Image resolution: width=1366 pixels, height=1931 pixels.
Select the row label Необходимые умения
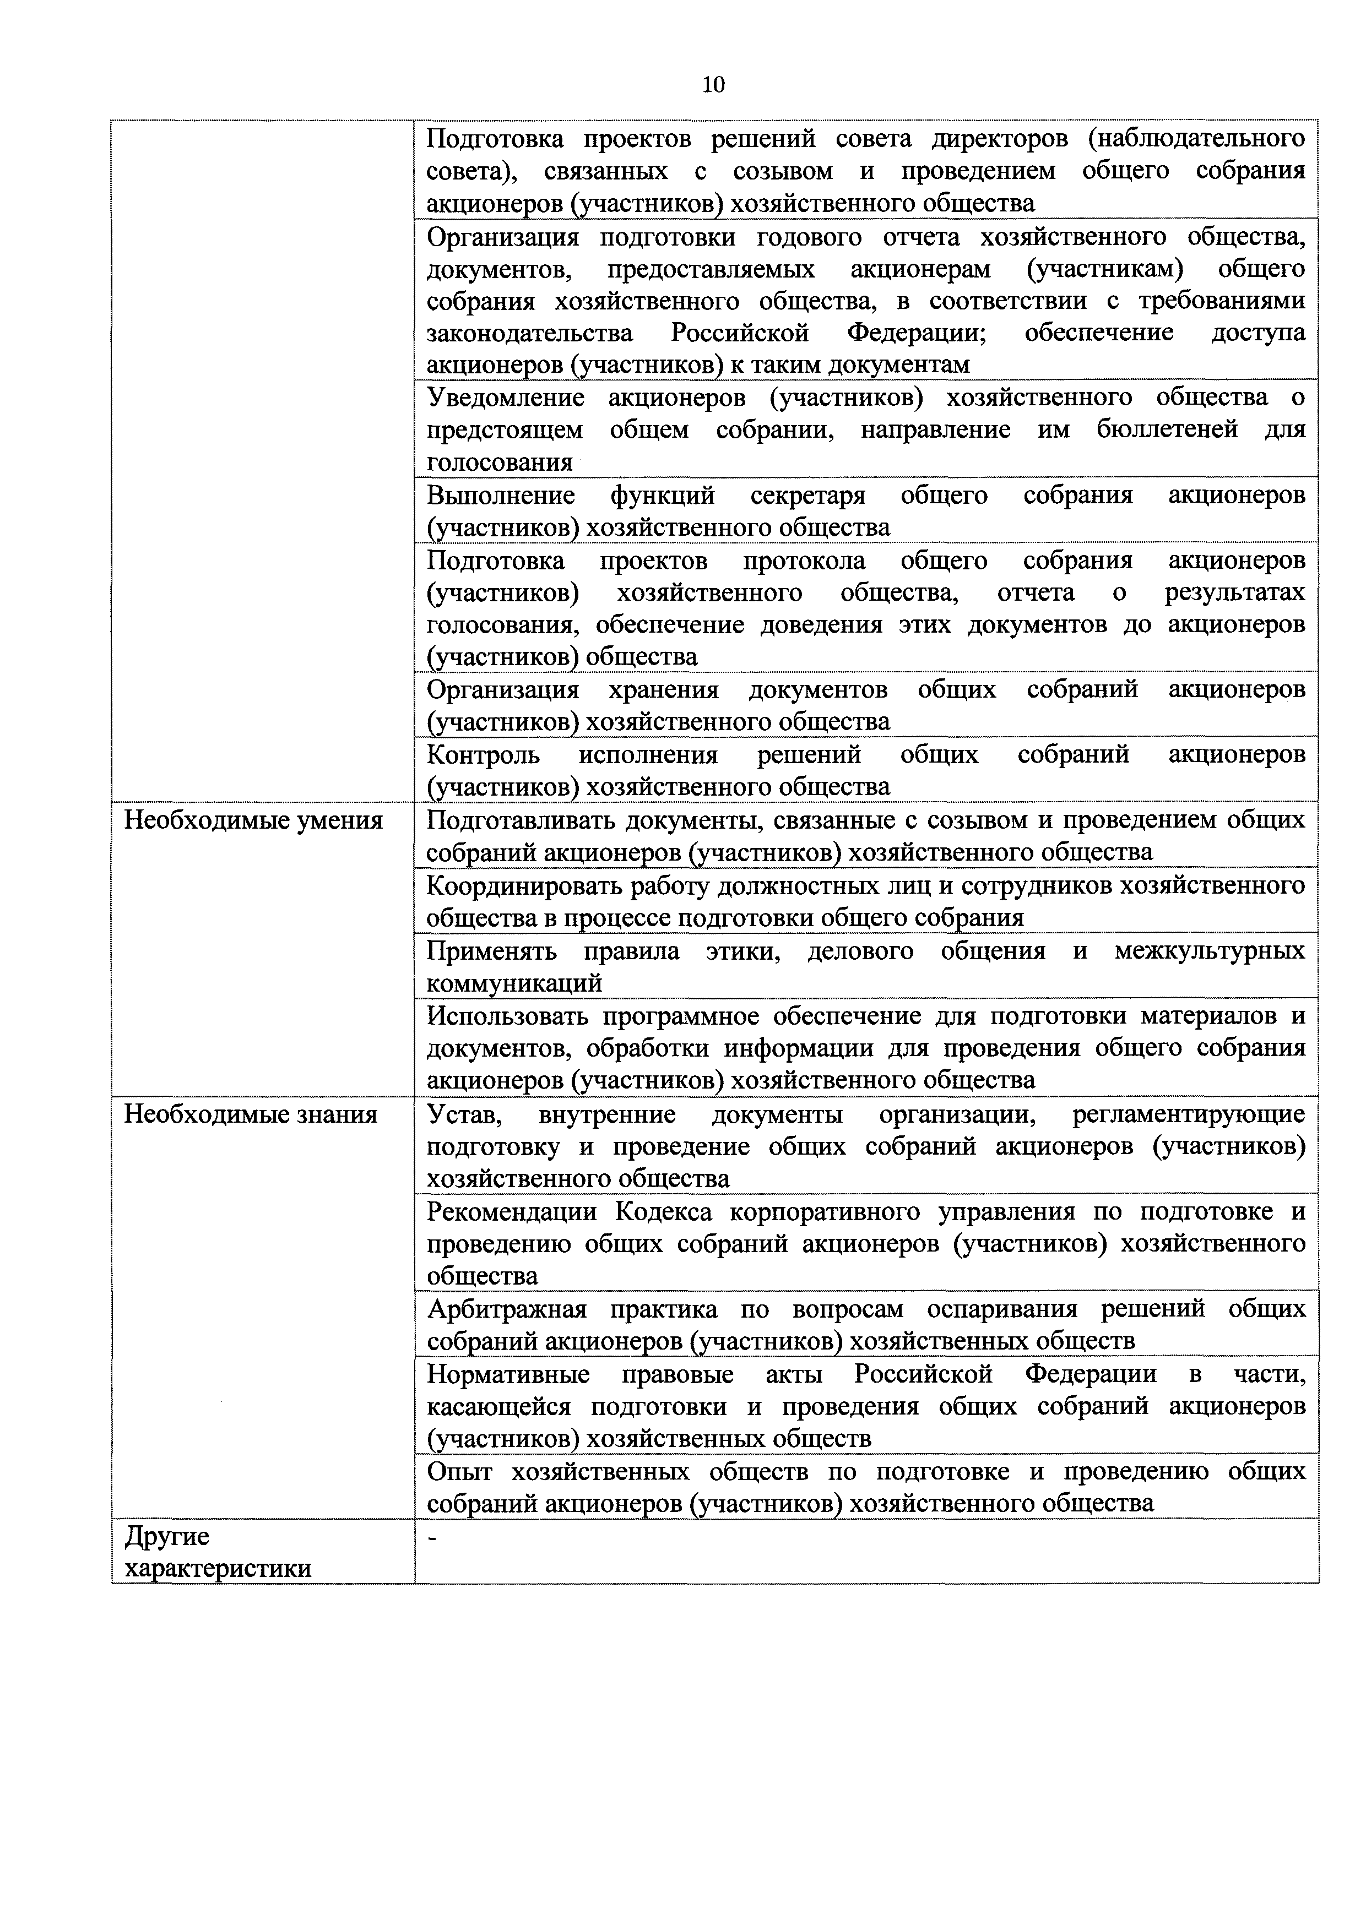pyautogui.click(x=253, y=820)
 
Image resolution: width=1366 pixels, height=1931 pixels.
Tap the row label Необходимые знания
pyautogui.click(x=251, y=1114)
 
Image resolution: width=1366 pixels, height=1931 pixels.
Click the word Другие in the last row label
pyautogui.click(x=166, y=1537)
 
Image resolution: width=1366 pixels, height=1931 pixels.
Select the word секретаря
pyautogui.click(x=807, y=496)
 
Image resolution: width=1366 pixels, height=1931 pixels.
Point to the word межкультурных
pyautogui.click(x=1210, y=951)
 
